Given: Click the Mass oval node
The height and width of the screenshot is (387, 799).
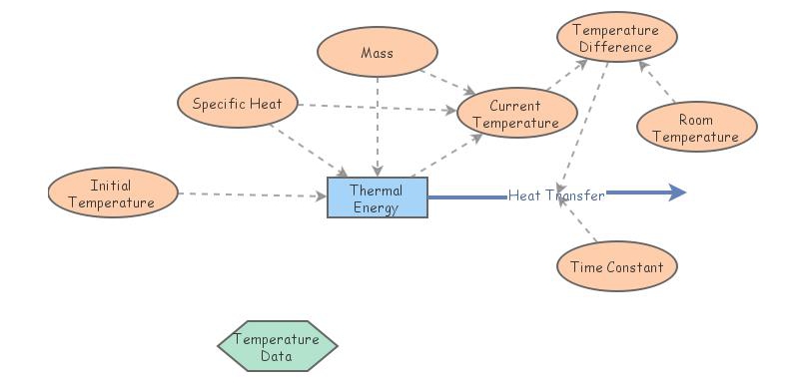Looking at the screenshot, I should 378,51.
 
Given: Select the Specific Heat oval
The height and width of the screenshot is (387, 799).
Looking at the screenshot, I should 238,103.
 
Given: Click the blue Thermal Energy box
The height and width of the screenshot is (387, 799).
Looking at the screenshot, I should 377,198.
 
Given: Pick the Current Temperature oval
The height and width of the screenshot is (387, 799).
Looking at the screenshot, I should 515,114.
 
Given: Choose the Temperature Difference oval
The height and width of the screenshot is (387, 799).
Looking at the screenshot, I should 617,38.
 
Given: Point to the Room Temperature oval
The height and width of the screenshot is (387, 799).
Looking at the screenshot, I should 695,129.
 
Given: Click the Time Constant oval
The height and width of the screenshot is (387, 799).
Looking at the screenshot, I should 616,267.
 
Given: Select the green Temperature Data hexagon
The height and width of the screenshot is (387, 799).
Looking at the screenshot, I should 277,346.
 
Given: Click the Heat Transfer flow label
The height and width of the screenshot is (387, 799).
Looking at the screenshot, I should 555,195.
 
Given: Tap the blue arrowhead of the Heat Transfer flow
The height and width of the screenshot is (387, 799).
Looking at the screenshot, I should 677,193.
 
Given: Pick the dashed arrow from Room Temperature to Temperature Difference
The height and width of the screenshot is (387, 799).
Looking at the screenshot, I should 657,82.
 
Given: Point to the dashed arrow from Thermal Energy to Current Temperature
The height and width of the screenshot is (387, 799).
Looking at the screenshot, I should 447,157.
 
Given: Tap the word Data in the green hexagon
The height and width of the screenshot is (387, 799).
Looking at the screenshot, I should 277,355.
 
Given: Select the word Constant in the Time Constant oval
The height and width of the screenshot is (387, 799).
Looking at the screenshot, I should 638,267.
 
